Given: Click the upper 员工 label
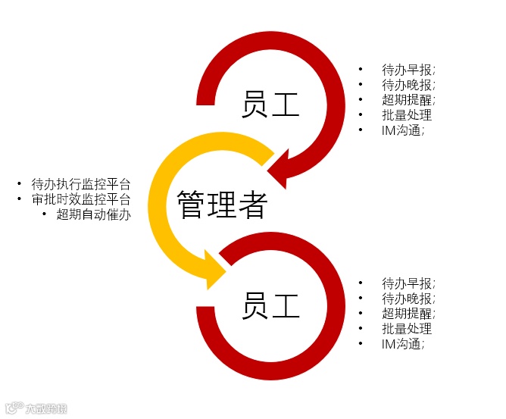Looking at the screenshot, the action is (270, 105).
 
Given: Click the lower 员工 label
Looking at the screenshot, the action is (270, 305).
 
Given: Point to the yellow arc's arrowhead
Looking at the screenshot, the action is (214, 270).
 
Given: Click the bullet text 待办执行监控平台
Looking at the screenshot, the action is (81, 184).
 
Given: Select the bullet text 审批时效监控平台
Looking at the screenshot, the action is (81, 199).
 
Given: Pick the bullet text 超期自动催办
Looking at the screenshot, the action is (93, 214).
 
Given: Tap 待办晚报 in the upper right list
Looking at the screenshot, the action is (408, 85).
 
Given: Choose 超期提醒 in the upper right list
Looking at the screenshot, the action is (408, 100).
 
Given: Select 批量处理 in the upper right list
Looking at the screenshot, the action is (407, 115).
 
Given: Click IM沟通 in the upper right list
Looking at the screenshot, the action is (402, 130).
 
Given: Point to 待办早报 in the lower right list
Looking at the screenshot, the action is (408, 283).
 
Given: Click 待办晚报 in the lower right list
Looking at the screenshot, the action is (408, 299).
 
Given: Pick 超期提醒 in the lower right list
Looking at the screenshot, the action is (408, 314).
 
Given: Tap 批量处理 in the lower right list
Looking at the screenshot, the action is (407, 329).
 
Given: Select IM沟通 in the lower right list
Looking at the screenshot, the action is (402, 344).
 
